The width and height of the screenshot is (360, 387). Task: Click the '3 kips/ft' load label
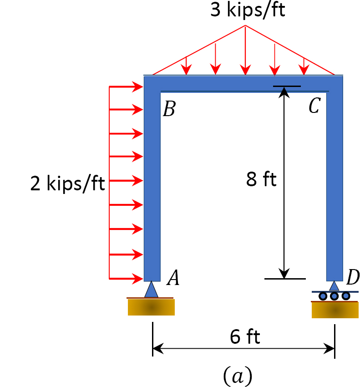(248, 10)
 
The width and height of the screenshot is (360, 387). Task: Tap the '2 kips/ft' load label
(67, 183)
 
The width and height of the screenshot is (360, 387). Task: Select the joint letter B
(169, 109)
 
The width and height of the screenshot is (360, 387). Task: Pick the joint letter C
(314, 106)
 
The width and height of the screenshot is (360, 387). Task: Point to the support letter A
(173, 278)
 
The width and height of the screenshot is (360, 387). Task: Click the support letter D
(353, 277)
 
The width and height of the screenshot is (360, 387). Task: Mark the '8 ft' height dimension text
(261, 179)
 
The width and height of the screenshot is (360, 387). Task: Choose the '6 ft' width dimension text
(245, 337)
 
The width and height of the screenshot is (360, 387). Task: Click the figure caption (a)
(237, 376)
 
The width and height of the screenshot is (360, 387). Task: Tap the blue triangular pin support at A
(151, 290)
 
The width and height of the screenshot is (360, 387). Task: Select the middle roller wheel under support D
(335, 296)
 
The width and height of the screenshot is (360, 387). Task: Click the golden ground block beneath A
(151, 307)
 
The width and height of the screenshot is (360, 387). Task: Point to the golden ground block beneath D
(335, 310)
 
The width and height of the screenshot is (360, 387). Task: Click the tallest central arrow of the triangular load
(245, 50)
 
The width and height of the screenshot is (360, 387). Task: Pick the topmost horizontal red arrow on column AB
(127, 87)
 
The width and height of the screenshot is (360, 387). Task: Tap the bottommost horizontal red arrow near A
(127, 278)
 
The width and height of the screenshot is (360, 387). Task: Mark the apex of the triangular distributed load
(245, 25)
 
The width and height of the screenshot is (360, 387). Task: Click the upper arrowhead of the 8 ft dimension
(284, 92)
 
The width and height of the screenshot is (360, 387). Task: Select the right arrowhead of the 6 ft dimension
(330, 349)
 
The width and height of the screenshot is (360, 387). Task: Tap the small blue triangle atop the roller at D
(335, 286)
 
